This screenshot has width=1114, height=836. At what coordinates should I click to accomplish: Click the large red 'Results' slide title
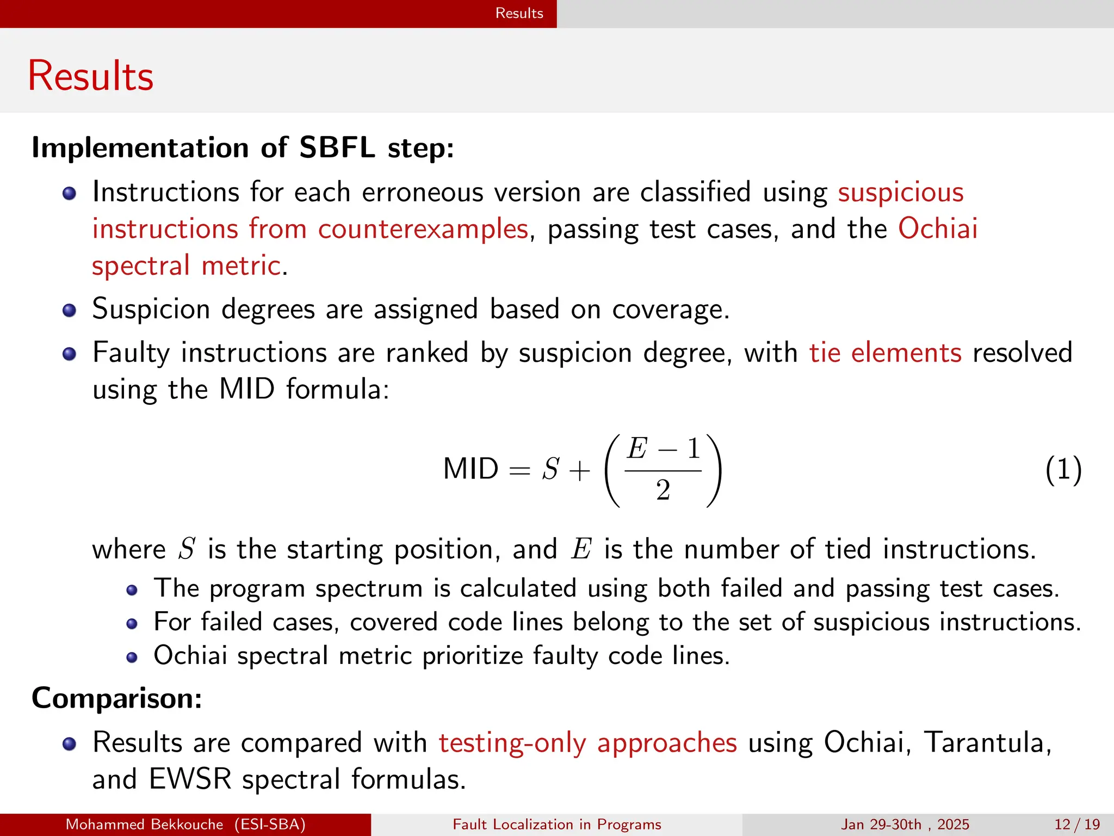coord(91,76)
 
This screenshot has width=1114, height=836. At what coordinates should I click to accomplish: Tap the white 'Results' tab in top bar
coord(519,13)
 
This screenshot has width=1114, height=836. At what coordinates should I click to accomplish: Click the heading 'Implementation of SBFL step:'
coord(243,147)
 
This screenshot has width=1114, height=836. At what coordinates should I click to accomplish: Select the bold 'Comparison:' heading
coord(117,698)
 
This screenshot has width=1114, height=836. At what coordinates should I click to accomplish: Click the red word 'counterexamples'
coord(423,229)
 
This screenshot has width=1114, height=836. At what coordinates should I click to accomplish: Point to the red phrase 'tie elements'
coord(885,353)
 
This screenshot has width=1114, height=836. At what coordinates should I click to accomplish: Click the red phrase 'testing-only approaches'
coord(588,742)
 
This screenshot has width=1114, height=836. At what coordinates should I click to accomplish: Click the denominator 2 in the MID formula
coord(663,490)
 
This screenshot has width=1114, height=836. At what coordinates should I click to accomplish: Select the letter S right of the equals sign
coord(550,469)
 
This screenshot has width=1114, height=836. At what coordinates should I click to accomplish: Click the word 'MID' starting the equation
coord(471,469)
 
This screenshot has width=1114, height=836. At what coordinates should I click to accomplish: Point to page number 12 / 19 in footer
coord(1077,825)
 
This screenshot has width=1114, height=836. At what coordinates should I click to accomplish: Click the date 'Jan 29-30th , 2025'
coord(905,825)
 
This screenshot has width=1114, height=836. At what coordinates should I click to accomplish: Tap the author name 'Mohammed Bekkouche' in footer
coord(144,825)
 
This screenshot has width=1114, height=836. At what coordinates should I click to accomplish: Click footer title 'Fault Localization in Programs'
coord(557,825)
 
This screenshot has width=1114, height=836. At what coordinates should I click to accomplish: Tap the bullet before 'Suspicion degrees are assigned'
coord(69,310)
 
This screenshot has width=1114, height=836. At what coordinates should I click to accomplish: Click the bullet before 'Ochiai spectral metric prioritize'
coord(132,657)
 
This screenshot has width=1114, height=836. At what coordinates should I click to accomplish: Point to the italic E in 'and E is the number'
coord(581,549)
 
